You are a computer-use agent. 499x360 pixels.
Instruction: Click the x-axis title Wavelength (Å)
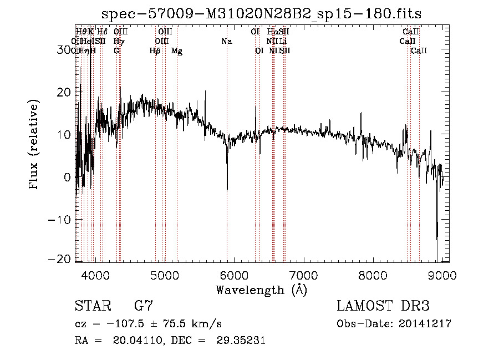point(262,290)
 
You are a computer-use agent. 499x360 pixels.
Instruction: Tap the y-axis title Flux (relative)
point(34,145)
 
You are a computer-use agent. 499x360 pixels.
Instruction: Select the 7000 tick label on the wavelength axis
point(303,274)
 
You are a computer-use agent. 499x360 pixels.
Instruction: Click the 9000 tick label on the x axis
point(442,274)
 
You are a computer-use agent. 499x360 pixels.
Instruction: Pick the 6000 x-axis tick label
point(234,274)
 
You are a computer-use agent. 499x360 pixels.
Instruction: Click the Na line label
point(226,42)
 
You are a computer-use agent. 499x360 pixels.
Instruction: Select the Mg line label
point(177,51)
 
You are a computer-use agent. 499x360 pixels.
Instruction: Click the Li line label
point(283,42)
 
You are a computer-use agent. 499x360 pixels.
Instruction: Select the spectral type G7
point(143,306)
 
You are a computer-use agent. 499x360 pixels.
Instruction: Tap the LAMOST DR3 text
point(383,306)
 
